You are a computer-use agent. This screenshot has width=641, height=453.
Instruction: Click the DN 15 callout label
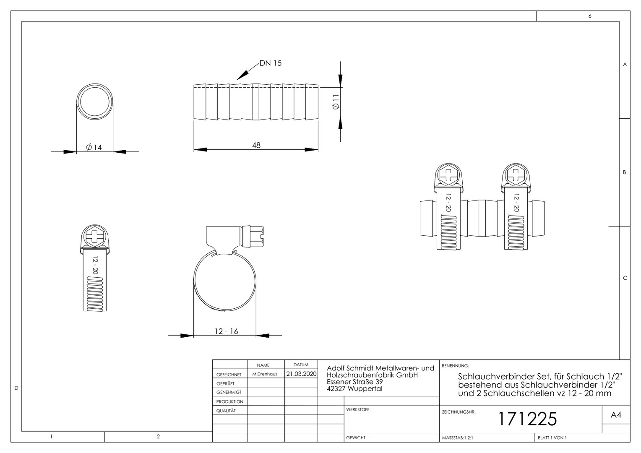point(271,63)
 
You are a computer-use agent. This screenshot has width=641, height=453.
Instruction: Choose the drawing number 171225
point(528,419)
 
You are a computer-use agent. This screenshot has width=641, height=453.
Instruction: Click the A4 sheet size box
point(616,415)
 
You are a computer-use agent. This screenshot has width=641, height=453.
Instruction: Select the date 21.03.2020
point(301,374)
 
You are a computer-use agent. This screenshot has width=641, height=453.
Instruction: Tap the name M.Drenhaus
point(265,374)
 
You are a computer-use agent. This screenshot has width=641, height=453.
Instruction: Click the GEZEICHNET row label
point(229,375)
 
